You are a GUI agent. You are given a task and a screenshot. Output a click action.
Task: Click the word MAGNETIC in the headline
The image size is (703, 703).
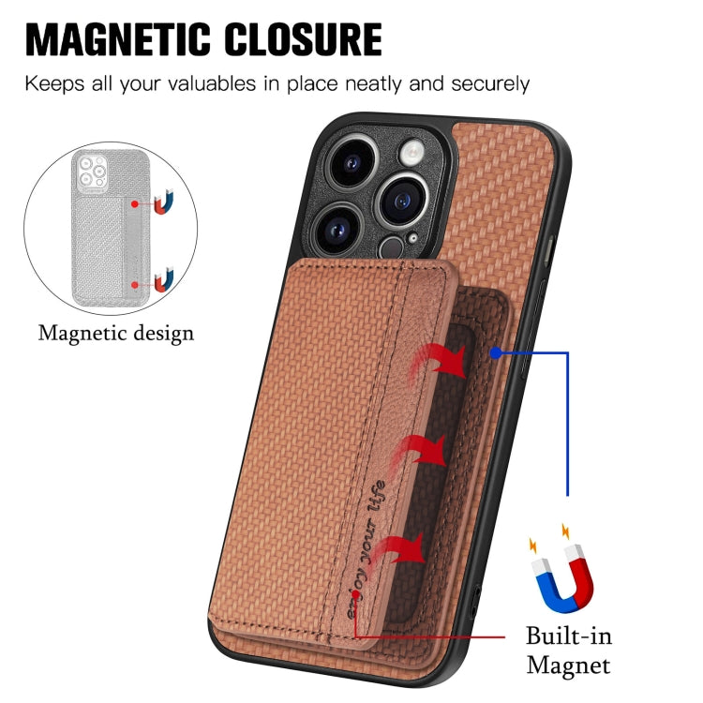click(x=118, y=39)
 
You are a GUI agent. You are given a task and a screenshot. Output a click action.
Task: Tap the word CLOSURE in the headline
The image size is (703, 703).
click(x=303, y=39)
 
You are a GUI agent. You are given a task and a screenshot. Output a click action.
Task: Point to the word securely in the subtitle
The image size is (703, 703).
click(x=490, y=84)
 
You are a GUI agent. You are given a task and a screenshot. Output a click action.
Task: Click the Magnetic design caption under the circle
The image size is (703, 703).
click(x=116, y=334)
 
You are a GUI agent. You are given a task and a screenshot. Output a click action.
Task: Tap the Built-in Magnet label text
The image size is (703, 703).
click(x=569, y=651)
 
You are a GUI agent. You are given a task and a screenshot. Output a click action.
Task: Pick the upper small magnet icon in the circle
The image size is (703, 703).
click(x=164, y=202)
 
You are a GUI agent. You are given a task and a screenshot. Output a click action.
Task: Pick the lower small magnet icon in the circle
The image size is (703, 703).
click(x=164, y=279)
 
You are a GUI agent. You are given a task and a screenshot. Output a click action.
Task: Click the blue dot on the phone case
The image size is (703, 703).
click(x=496, y=352)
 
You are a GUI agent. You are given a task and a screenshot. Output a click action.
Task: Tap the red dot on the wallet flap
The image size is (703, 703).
click(x=356, y=594)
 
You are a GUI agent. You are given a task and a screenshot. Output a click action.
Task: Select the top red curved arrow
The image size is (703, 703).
click(x=440, y=362)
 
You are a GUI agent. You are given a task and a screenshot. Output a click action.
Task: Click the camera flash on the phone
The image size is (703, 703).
click(x=411, y=152)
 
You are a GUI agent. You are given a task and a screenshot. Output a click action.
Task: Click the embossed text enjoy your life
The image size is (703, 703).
click(x=366, y=548)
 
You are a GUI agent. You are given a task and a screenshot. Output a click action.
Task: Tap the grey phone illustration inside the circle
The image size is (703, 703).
click(x=111, y=228)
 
